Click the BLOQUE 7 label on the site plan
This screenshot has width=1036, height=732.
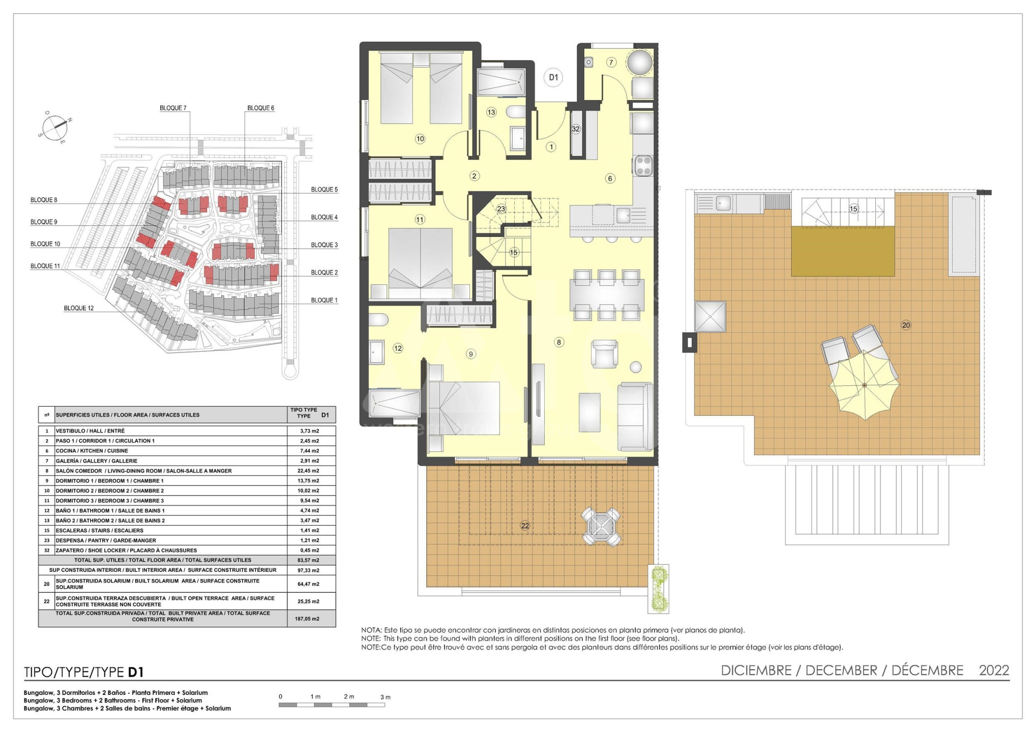[173, 108]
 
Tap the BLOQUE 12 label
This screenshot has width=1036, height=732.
[79, 308]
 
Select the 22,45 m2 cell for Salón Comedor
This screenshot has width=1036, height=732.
[308, 471]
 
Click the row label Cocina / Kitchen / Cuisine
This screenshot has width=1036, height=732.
[92, 451]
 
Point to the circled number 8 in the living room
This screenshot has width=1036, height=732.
[559, 342]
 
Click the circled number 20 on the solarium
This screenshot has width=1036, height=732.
[906, 325]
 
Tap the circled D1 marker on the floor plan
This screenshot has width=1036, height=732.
[553, 77]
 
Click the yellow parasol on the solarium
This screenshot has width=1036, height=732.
[865, 385]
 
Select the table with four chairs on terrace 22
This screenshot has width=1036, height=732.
[601, 527]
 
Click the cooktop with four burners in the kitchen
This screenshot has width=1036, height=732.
[643, 166]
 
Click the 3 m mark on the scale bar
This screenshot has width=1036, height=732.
[386, 697]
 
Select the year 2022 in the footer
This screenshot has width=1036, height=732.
[994, 670]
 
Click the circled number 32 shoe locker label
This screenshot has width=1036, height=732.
[576, 129]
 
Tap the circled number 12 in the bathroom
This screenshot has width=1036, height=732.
[398, 348]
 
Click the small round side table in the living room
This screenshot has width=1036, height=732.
[635, 367]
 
